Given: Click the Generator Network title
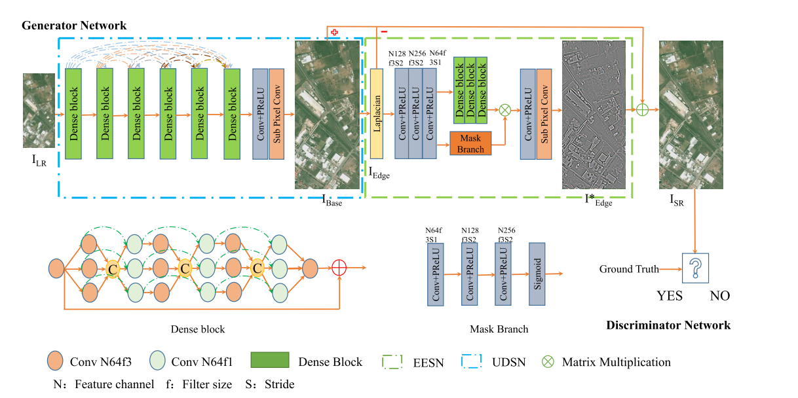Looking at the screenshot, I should [x=74, y=26].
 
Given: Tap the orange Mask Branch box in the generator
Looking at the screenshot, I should [x=470, y=144].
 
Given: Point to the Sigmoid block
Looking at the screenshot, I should [x=537, y=273].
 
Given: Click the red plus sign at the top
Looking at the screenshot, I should [x=334, y=32].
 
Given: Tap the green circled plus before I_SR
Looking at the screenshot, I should [x=643, y=109].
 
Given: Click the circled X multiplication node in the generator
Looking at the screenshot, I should [x=505, y=110].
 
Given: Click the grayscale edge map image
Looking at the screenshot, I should [x=594, y=115].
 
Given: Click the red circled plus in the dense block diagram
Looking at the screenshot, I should [x=339, y=268].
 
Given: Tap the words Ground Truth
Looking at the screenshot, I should [x=625, y=269].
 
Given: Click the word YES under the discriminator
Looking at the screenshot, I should [x=670, y=296].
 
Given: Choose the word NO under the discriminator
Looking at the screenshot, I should [x=719, y=296].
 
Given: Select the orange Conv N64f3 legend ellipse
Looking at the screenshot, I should [x=55, y=361].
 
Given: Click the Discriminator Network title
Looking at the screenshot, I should [x=668, y=325].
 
